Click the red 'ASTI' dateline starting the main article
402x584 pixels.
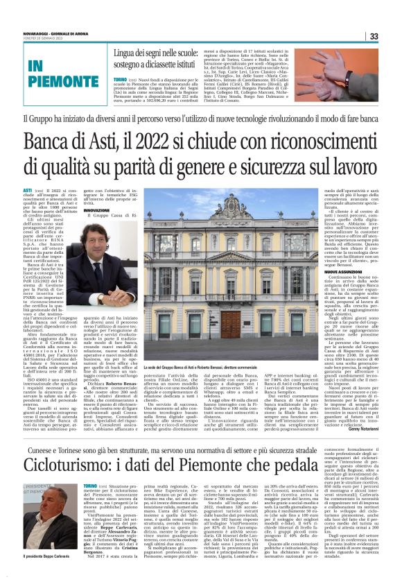click(28, 190)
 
